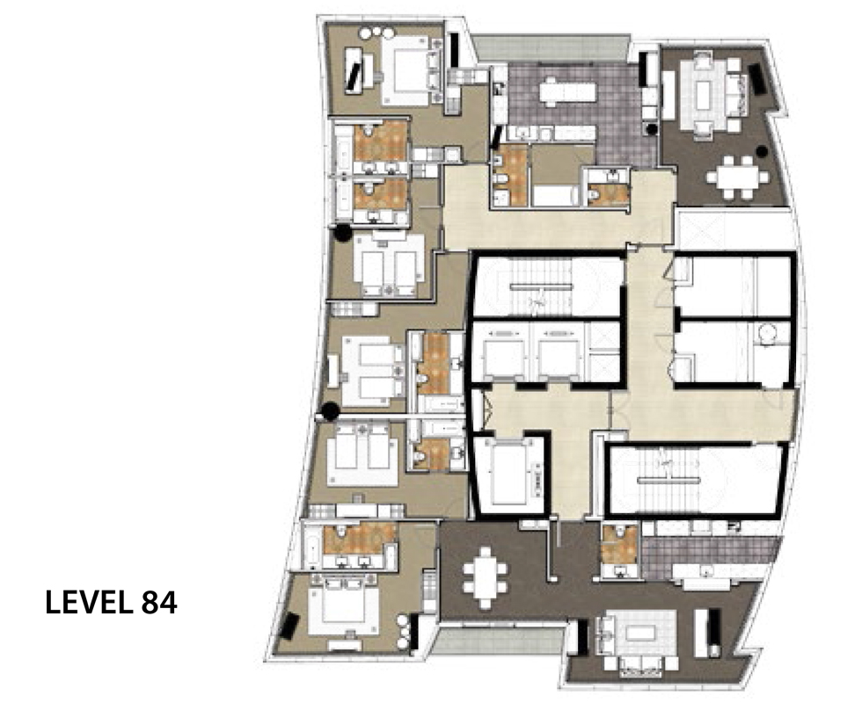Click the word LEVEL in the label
(x=90, y=603)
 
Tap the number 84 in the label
(x=159, y=603)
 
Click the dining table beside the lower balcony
(x=485, y=578)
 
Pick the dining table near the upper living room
(x=738, y=178)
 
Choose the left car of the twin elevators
(x=503, y=355)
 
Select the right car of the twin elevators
(x=559, y=355)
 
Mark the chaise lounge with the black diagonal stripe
(x=354, y=69)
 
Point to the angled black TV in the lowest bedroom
(x=289, y=626)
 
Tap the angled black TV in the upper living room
(x=756, y=78)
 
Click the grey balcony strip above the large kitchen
(x=552, y=48)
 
